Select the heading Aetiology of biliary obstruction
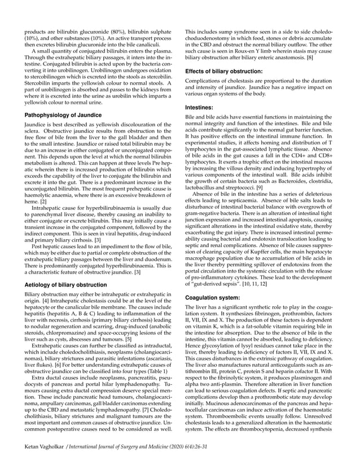coord(67,285)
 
